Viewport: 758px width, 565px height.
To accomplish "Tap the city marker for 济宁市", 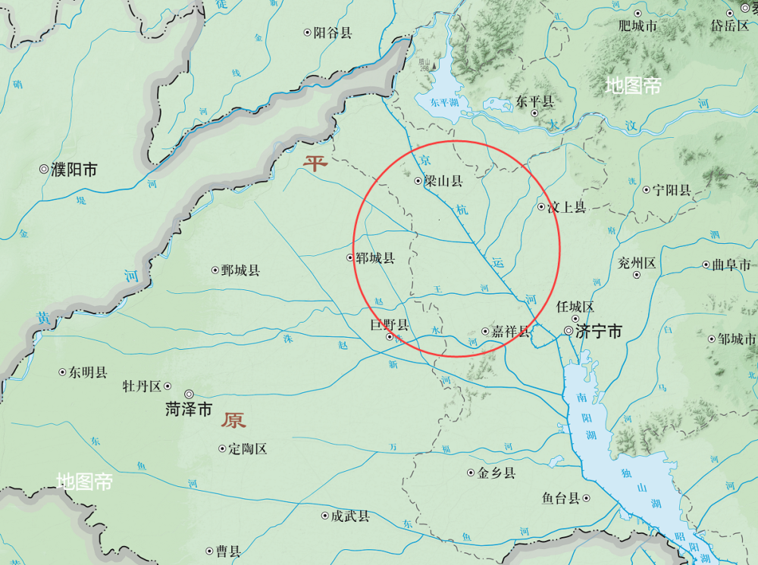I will click(568, 331).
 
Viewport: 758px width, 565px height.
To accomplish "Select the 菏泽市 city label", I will click(189, 410).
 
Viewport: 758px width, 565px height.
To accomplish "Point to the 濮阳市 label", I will click(74, 170).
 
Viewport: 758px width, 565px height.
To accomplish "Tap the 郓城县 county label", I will click(375, 258).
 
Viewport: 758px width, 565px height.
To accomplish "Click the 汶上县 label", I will click(566, 207).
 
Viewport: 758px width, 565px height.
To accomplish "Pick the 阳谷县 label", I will click(333, 33).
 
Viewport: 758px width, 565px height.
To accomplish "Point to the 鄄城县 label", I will click(240, 270).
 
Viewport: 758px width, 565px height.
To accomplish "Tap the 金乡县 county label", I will click(496, 473).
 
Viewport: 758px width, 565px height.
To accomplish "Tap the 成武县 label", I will click(349, 517).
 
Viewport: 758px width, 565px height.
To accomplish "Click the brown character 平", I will click(315, 162).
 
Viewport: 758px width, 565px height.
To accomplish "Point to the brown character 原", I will click(233, 421).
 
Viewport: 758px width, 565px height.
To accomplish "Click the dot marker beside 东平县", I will click(534, 113).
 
